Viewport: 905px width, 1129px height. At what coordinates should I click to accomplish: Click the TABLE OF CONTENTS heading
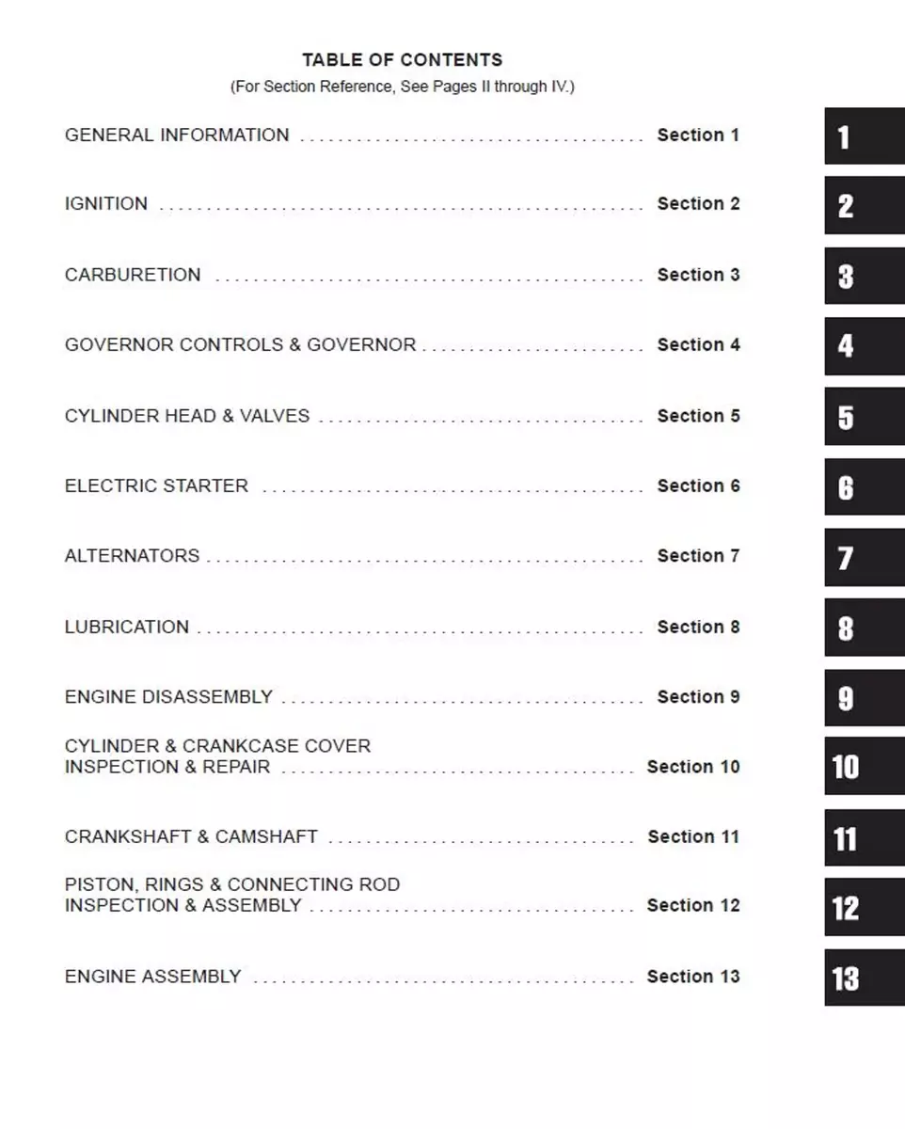(402, 60)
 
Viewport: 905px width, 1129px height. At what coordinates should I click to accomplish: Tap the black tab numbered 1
(864, 136)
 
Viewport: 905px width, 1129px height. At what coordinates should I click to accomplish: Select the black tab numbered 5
(864, 417)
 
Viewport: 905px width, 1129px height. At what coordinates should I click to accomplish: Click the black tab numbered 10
(864, 767)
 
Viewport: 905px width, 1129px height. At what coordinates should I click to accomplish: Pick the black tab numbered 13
(864, 978)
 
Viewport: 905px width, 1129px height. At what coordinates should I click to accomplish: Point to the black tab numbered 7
(864, 557)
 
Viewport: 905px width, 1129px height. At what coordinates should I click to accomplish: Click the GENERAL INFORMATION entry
(177, 135)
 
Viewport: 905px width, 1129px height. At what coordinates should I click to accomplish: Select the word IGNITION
(106, 204)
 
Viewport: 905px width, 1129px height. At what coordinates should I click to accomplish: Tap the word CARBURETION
(133, 276)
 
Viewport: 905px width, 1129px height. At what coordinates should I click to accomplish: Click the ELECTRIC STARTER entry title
(156, 486)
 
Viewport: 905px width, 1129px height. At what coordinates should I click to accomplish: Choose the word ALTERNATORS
(132, 556)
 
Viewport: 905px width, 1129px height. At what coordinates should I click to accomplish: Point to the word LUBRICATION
(127, 628)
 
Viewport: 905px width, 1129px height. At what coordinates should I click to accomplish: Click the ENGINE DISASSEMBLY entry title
(168, 697)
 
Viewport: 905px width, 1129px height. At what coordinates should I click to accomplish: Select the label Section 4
(698, 345)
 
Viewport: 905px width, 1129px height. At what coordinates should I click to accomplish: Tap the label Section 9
(698, 697)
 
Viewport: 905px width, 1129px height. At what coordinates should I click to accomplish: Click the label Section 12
(693, 906)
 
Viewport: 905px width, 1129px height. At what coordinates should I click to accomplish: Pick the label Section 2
(698, 204)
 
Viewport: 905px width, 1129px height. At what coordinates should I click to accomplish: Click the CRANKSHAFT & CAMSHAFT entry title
(191, 837)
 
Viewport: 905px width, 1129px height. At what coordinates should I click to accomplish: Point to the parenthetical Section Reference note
(402, 87)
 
